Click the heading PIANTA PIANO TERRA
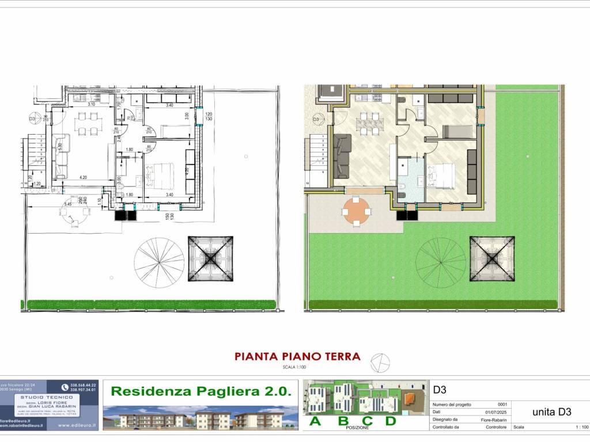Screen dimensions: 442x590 click(x=297, y=356)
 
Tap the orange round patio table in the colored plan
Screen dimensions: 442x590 click(x=356, y=211)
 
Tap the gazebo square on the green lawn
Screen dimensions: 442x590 click(x=491, y=258)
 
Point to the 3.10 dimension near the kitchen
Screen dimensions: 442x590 click(x=91, y=105)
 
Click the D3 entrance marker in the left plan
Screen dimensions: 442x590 click(x=33, y=120)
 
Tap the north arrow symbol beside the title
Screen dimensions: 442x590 click(x=380, y=362)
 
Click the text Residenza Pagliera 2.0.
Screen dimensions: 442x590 click(x=201, y=391)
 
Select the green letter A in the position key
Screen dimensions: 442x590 click(x=316, y=421)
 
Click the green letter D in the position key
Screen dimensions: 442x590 click(x=390, y=421)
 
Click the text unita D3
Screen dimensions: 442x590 click(x=551, y=411)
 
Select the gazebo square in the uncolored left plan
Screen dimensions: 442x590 click(x=210, y=258)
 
